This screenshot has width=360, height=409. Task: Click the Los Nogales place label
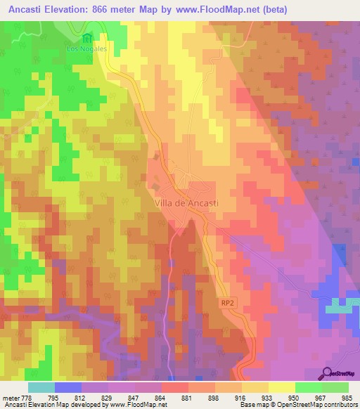(86, 49)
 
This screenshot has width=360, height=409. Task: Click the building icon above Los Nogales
(86, 38)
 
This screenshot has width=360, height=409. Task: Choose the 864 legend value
(161, 397)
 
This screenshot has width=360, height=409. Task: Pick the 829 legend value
(108, 397)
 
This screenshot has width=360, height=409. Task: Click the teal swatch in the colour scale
(41, 387)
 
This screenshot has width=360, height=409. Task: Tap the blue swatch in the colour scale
(68, 387)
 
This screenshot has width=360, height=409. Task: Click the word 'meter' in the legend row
(10, 397)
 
